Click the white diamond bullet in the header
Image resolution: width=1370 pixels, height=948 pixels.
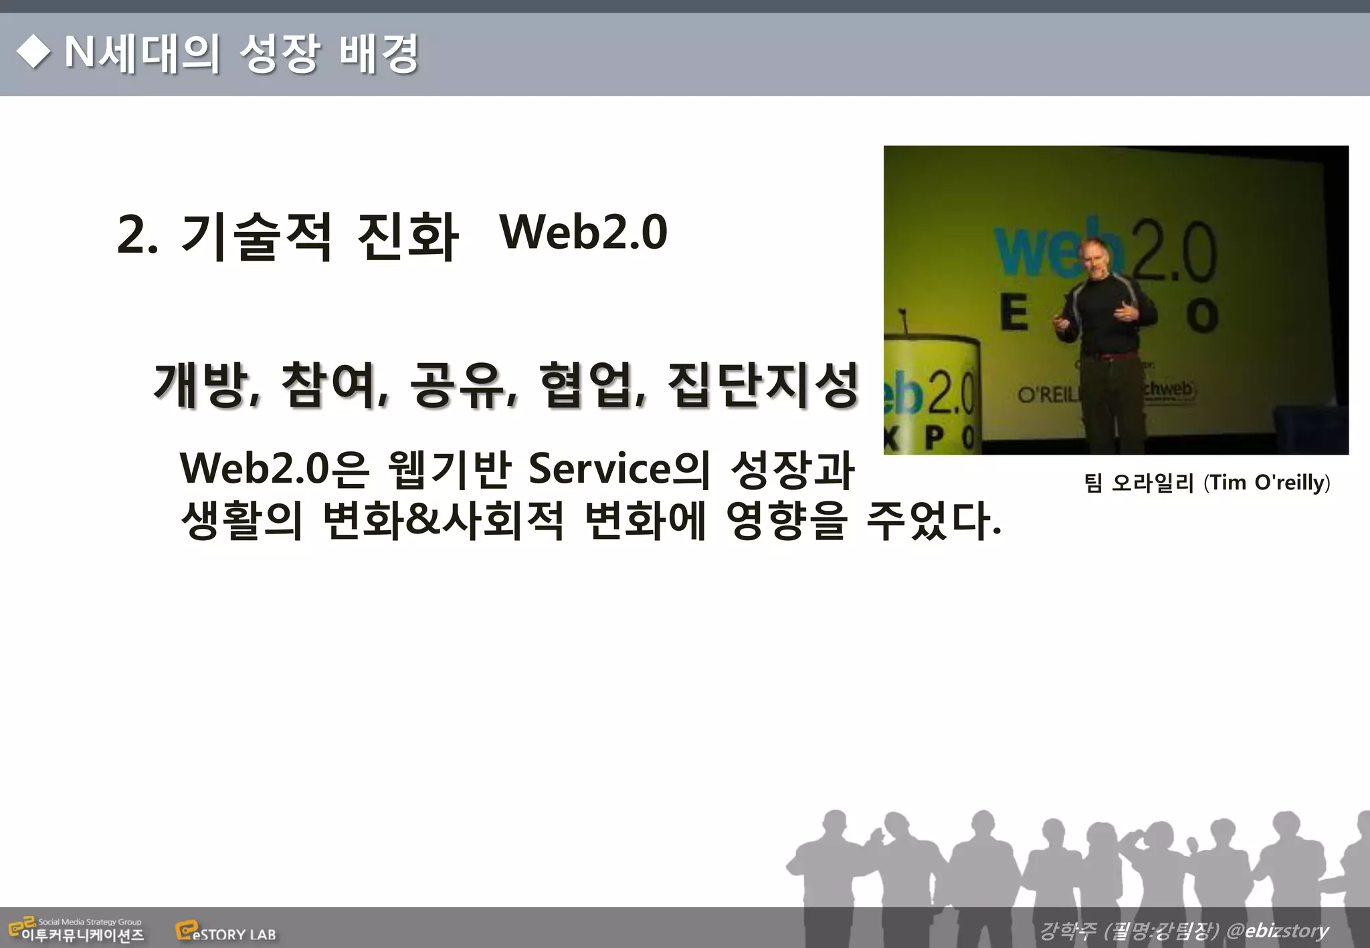pyautogui.click(x=33, y=52)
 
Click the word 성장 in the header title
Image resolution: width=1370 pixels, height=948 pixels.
pyautogui.click(x=279, y=53)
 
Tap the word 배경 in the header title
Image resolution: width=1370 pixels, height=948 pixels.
pyautogui.click(x=379, y=53)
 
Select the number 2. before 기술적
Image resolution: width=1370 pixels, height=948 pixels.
pyautogui.click(x=138, y=235)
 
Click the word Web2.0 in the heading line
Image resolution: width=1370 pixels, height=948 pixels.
pyautogui.click(x=583, y=232)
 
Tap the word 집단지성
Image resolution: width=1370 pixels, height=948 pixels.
pyautogui.click(x=763, y=385)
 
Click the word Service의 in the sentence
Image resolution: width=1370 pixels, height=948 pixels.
pyautogui.click(x=619, y=469)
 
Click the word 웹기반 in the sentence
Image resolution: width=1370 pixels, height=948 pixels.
pyautogui.click(x=450, y=469)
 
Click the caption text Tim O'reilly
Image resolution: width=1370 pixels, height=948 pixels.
pyautogui.click(x=1266, y=483)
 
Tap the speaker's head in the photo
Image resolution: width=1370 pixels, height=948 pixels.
pyautogui.click(x=1097, y=257)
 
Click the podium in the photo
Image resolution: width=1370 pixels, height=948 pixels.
pyautogui.click(x=930, y=394)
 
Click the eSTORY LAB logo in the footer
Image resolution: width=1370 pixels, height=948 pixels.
pyautogui.click(x=225, y=932)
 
